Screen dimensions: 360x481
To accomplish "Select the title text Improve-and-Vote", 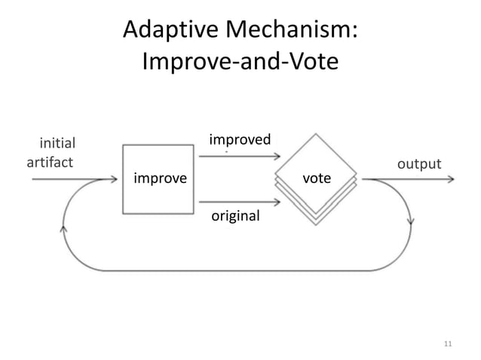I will pos(240,62).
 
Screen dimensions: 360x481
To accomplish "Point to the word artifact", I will pos(51,162).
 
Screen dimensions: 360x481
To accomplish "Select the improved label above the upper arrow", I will pos(240,139).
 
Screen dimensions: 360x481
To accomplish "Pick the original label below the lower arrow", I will pos(235,216).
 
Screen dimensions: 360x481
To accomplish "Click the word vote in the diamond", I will pos(316,178).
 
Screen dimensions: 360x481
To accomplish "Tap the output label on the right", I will pos(418,163).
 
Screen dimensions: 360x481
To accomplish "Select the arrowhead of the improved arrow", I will pos(275,157).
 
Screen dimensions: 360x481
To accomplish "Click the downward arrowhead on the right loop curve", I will pos(411,224).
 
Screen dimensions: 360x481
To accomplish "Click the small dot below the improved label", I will pos(226,151).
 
